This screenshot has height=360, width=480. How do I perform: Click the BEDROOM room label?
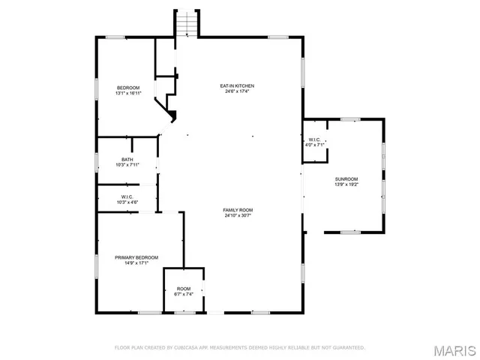[127, 88]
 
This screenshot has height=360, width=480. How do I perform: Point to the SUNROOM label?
[346, 179]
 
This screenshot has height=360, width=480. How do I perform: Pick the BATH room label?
[127, 159]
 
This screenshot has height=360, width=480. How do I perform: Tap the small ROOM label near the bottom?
[184, 289]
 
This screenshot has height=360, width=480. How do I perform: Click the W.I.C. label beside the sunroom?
[314, 139]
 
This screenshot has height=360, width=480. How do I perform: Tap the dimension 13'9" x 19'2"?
[346, 184]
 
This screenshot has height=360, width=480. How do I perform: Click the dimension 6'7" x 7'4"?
[184, 295]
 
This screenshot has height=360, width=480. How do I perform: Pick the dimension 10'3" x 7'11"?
[127, 164]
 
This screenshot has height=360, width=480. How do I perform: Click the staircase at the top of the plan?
[186, 24]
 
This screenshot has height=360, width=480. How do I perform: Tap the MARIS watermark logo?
[454, 349]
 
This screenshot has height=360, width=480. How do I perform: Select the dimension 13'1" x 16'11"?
[127, 94]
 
